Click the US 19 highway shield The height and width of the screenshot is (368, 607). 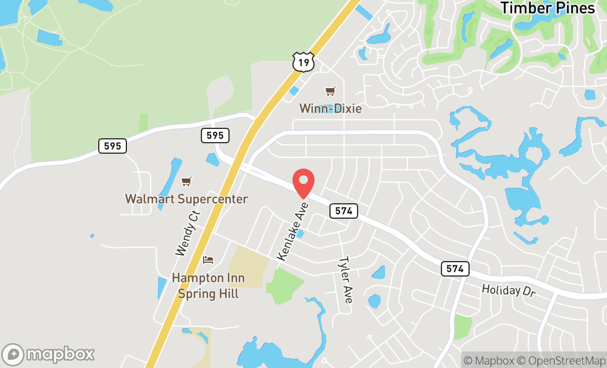pyautogui.click(x=303, y=62)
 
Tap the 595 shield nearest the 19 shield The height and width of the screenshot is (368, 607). pyautogui.click(x=215, y=136)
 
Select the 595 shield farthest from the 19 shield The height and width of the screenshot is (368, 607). pyautogui.click(x=113, y=146)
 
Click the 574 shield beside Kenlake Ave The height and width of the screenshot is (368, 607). pyautogui.click(x=344, y=210)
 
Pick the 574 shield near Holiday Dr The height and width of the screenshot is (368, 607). pyautogui.click(x=455, y=269)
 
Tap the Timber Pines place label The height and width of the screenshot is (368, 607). pyautogui.click(x=547, y=8)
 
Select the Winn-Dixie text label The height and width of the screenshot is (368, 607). pyautogui.click(x=331, y=109)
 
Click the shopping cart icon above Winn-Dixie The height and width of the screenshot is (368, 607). pyautogui.click(x=330, y=91)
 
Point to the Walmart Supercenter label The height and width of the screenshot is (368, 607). pyautogui.click(x=187, y=199)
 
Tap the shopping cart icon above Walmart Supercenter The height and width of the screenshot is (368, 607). pyautogui.click(x=187, y=181)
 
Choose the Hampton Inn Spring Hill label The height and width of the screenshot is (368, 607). pyautogui.click(x=208, y=285)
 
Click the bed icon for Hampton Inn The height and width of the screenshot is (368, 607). pyautogui.click(x=208, y=260)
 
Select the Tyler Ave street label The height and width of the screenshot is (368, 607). pyautogui.click(x=345, y=280)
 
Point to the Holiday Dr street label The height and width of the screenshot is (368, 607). pyautogui.click(x=508, y=290)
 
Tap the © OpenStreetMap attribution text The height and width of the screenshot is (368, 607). pyautogui.click(x=559, y=361)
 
